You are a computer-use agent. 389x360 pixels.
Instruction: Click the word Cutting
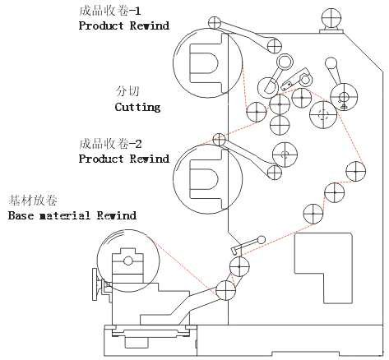137,107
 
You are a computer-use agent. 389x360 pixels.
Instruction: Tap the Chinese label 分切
127,91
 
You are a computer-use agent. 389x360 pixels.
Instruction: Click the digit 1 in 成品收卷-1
138,11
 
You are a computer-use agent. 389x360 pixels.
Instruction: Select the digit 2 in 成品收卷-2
138,144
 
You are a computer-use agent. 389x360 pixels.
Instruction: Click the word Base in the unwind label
21,215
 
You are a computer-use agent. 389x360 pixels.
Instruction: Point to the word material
65,215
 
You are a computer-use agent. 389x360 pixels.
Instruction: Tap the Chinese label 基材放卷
33,201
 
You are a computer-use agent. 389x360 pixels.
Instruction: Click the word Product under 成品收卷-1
101,25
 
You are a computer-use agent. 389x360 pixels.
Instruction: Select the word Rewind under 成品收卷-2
150,159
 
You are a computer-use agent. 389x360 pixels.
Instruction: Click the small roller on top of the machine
331,18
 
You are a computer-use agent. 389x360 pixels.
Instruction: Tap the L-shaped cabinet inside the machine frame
323,268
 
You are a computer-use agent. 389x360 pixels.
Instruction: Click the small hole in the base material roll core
128,261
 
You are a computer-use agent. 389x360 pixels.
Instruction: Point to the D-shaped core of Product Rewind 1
204,63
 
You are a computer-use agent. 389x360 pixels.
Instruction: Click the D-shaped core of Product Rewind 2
204,179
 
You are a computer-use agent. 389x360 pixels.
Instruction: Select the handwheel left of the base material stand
95,284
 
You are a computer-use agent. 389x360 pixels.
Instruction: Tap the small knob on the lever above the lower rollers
262,240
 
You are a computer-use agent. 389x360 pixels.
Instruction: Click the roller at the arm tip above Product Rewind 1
215,23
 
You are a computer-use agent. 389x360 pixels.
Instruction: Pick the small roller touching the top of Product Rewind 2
219,140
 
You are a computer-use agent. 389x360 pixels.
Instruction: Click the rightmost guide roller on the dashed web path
355,172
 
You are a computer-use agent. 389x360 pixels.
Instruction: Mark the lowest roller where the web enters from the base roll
225,290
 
